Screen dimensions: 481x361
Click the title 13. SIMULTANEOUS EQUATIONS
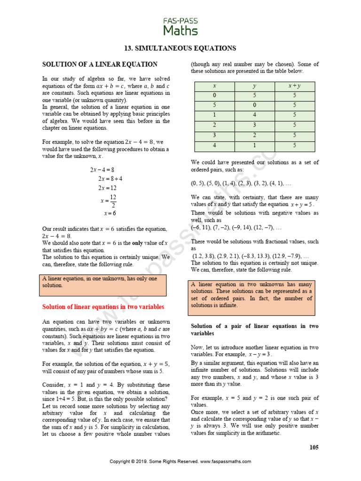pyautogui.click(x=180, y=48)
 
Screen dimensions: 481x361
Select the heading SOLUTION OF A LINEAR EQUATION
pyautogui.click(x=100, y=64)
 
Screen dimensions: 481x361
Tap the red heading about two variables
pyautogui.click(x=103, y=307)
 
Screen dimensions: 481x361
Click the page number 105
pyautogui.click(x=314, y=447)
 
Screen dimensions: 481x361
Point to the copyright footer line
pyautogui.click(x=180, y=461)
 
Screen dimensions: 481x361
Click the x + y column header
pyautogui.click(x=294, y=86)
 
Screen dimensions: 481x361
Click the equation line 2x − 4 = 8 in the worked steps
pyautogui.click(x=102, y=169)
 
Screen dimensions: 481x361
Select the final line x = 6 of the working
pyautogui.click(x=110, y=213)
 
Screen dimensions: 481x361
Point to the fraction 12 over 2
pyautogui.click(x=113, y=201)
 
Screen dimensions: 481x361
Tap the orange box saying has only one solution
pyautogui.click(x=103, y=285)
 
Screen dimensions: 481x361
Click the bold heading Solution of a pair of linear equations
pyautogui.click(x=254, y=329)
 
